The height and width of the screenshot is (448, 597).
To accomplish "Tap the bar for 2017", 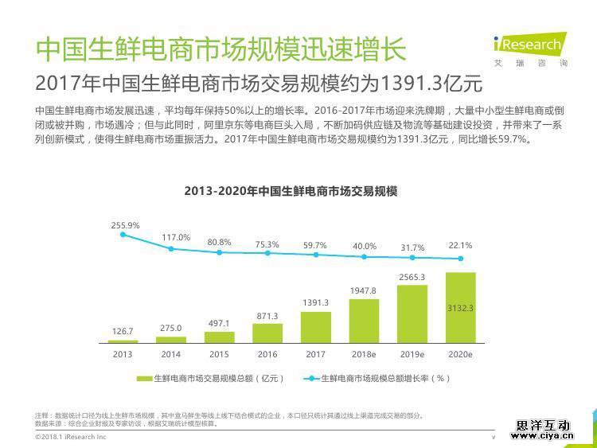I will [x=315, y=327].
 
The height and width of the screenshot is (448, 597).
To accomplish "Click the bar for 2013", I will [x=123, y=341].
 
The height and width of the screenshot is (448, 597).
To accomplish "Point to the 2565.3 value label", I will [x=412, y=277].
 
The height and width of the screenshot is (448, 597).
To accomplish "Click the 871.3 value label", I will [x=267, y=316].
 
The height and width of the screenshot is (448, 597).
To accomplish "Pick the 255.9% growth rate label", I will [x=125, y=225].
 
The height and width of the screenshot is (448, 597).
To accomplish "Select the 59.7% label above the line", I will [x=315, y=245].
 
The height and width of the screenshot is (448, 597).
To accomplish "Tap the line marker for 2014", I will [x=170, y=248].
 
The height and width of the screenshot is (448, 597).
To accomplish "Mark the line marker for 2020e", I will [x=459, y=258].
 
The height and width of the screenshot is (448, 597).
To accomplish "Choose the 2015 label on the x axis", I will [x=219, y=354].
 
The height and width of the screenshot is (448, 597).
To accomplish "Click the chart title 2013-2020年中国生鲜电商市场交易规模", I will [x=291, y=191].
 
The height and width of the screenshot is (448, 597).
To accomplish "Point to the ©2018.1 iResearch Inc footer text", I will [x=71, y=437].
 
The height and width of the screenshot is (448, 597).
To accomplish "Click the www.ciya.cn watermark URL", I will [x=544, y=435].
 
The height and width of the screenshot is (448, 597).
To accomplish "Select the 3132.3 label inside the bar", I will [x=460, y=307].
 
